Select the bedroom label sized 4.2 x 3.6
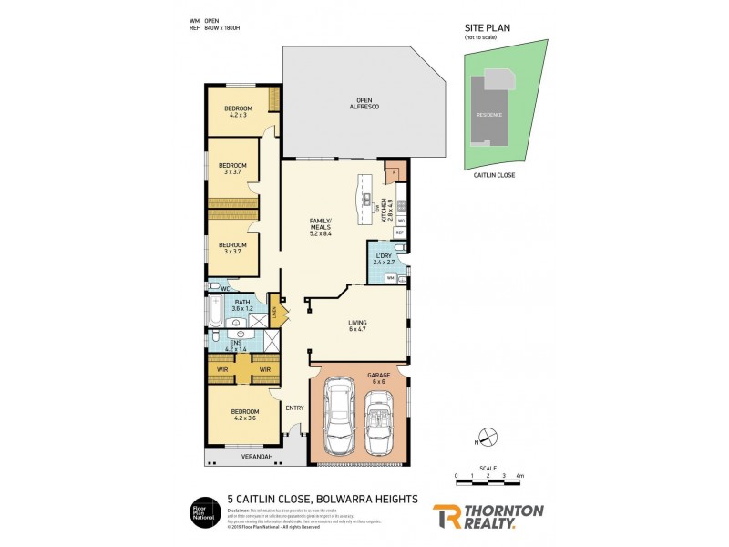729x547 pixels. pos(244,415)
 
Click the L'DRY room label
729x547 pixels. pos(383,259)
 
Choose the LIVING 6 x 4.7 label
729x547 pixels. pos(356,325)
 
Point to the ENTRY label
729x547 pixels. pos(294,408)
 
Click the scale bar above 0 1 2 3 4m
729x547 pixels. pos(488,469)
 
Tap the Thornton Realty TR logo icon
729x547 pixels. pos(445,516)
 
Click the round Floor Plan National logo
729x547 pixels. pos(202,513)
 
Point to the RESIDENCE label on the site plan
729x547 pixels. pos(488,116)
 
